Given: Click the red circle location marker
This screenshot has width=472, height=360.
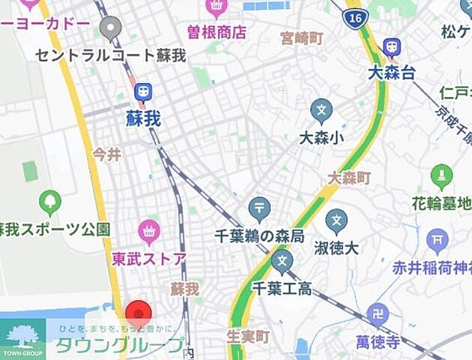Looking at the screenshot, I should pos(138,313).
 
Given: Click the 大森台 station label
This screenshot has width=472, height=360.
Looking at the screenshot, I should pos(391,73).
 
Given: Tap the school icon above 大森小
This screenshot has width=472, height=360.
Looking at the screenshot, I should pos(321,111).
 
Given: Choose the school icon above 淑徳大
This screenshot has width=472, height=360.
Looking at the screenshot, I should pos(337,221).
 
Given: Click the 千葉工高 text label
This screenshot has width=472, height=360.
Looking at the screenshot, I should pos(282,288).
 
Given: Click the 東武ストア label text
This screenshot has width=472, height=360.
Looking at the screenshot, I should pos(149,259).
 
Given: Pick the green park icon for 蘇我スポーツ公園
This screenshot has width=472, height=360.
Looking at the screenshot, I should pos(50,202).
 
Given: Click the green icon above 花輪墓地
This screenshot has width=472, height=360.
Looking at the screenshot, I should pos(442,177).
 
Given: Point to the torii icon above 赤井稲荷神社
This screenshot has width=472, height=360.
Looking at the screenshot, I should pos(437,241).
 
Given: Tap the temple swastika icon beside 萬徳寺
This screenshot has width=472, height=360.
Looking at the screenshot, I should pos(380,313).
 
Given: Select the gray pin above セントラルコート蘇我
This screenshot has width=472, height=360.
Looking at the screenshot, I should pos(111,28).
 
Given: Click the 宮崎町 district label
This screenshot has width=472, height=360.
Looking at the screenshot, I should pos(301,37).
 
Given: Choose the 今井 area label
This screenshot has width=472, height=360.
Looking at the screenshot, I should pos(106,155).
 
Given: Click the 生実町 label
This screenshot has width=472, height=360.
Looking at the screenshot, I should pos(248,337).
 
